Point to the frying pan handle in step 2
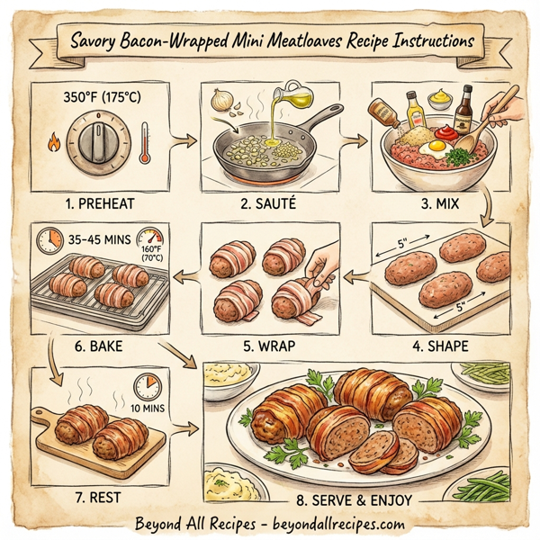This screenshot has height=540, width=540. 325,116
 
